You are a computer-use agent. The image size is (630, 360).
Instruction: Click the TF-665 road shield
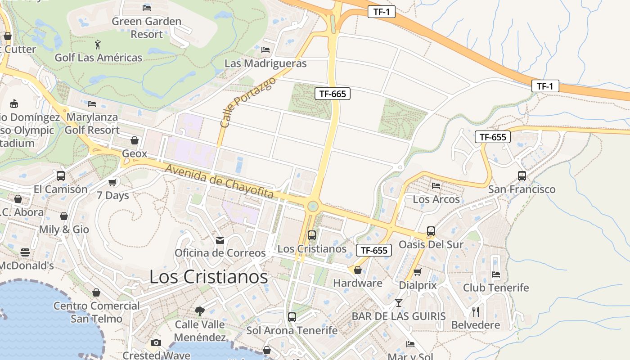click(333, 94)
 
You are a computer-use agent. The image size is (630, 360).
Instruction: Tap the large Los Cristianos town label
click(208, 277)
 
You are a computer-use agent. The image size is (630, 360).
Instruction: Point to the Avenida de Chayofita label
click(219, 181)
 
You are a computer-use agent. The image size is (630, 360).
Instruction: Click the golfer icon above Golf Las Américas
click(98, 45)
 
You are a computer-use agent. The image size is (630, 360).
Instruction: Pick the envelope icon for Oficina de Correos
click(220, 240)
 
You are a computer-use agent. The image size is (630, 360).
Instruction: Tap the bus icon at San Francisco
click(522, 176)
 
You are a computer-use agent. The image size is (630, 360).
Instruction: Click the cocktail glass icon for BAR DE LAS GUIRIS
click(398, 302)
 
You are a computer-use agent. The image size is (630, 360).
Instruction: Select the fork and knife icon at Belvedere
click(476, 311)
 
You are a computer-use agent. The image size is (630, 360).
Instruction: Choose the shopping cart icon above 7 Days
click(112, 182)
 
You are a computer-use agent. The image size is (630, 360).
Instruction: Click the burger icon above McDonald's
click(25, 252)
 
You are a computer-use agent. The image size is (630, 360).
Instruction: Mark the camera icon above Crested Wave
click(156, 343)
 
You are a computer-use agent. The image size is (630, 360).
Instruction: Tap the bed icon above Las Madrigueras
click(265, 50)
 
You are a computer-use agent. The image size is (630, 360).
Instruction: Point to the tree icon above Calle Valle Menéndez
click(199, 311)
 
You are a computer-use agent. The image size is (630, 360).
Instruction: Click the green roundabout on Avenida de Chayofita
click(312, 207)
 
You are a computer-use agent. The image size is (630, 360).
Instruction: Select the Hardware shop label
click(357, 283)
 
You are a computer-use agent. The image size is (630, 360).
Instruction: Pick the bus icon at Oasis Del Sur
click(431, 231)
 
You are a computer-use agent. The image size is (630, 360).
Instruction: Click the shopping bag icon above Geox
click(134, 140)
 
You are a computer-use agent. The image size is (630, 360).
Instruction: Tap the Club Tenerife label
click(496, 288)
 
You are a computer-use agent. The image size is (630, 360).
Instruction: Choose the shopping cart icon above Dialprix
click(417, 272)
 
